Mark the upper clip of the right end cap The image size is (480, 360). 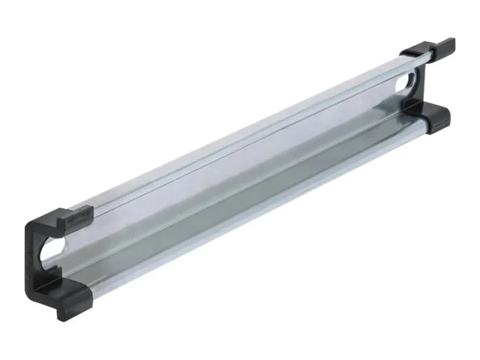427,51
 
